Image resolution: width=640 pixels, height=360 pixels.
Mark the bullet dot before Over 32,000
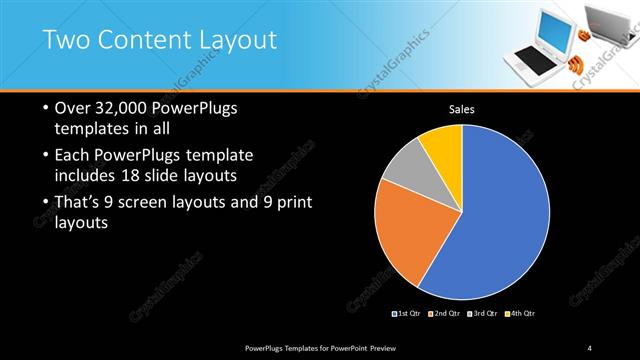click(45, 108)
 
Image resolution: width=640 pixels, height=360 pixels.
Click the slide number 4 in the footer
click(590, 347)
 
